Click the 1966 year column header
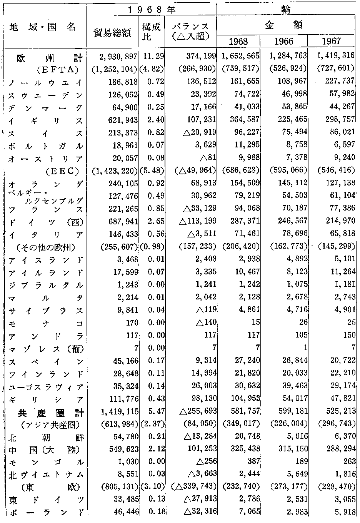pos(284,42)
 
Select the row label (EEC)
pos(62,171)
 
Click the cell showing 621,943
pos(123,120)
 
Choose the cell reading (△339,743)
pos(194,487)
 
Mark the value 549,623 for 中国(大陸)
pos(123,449)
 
